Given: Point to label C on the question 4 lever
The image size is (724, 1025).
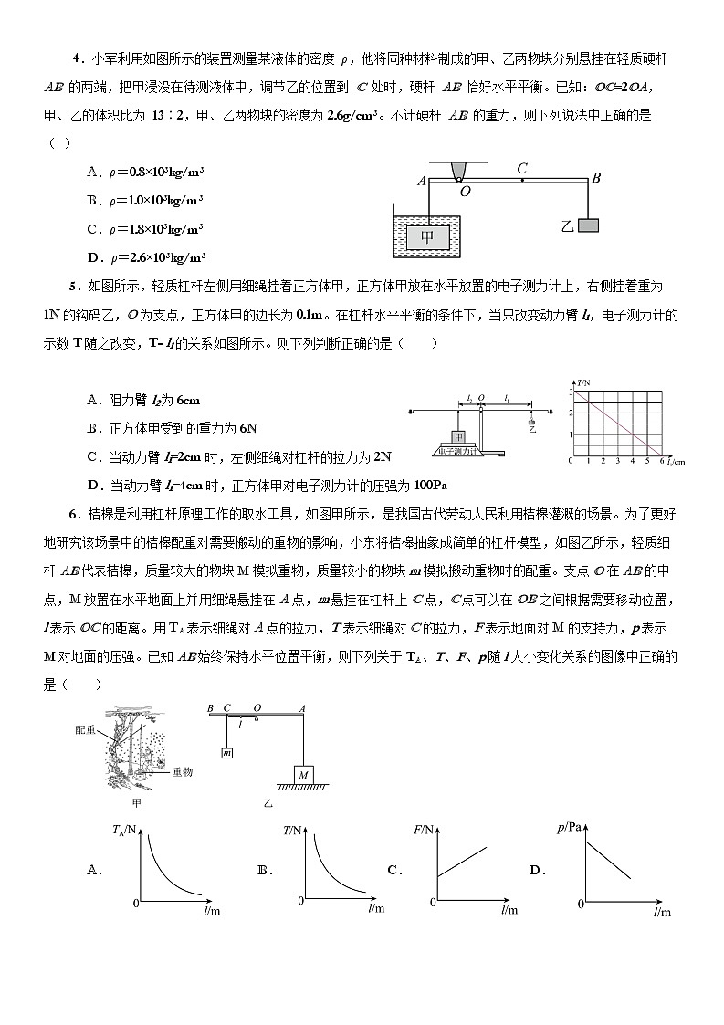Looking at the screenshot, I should coord(522,168).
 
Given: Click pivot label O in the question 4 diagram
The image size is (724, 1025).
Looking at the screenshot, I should coord(465,192).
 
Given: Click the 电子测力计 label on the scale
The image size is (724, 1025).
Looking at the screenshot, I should coord(459,450).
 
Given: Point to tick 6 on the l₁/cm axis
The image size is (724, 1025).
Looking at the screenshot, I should coord(660,462).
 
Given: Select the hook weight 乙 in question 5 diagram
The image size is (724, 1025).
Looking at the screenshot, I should coord(531,423).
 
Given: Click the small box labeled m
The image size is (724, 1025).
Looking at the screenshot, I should coord(226,752).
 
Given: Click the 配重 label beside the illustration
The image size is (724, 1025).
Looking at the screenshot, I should coord(87,730).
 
